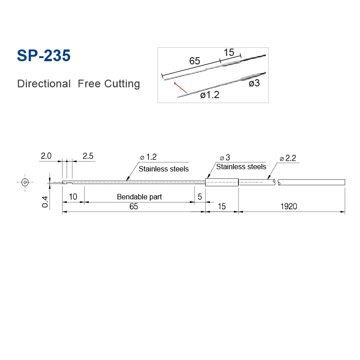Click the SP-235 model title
pyautogui.click(x=44, y=55)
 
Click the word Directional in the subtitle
pyautogui.click(x=44, y=84)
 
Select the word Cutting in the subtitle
pyautogui.click(x=122, y=84)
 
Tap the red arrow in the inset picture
pyautogui.click(x=180, y=87)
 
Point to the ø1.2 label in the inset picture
pyautogui.click(x=210, y=94)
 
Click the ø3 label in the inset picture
pyautogui.click(x=254, y=83)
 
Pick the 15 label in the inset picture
pyautogui.click(x=229, y=52)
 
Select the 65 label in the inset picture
pyautogui.click(x=194, y=61)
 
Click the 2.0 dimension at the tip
pyautogui.click(x=46, y=156)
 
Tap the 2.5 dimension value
pyautogui.click(x=88, y=156)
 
